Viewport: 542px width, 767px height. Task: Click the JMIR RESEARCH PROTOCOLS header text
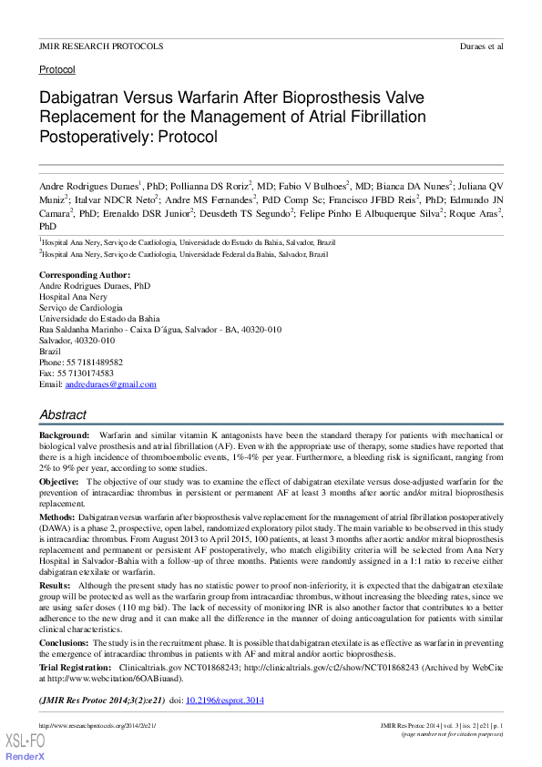[x=100, y=46]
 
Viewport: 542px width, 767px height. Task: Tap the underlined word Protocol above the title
[x=56, y=69]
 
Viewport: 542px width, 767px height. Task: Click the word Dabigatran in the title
[x=82, y=97]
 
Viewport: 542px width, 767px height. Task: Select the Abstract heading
[x=63, y=414]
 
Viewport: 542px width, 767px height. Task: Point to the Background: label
[x=65, y=436]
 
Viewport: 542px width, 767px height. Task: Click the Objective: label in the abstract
[x=60, y=481]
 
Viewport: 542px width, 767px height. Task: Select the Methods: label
[x=57, y=516]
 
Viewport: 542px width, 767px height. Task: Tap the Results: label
[x=55, y=585]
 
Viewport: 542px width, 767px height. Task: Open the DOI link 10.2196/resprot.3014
[x=224, y=701]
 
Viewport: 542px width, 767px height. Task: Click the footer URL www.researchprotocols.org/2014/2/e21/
[x=97, y=725]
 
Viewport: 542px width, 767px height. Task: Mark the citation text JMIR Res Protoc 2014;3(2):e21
[x=101, y=701]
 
